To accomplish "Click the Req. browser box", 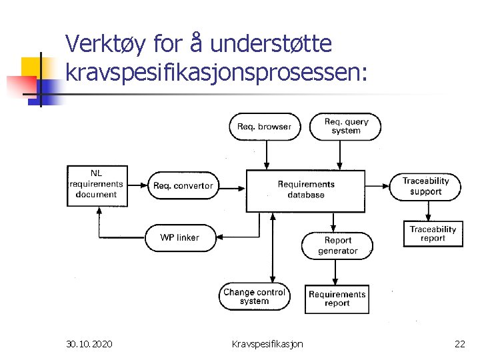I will coord(265,127).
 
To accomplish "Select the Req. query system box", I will coord(346,126).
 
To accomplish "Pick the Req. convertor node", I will coord(183,186).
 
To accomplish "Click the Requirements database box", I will coord(306,190).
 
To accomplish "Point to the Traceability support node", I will coord(425,186).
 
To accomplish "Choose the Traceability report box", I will coord(433,233).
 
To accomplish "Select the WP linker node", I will coord(179,237).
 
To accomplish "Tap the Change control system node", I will coord(254,297).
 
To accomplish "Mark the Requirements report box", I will coord(337,299).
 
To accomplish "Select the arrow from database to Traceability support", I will coord(378,185).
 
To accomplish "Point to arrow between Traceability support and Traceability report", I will coord(427,211).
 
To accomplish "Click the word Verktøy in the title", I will coord(107,45).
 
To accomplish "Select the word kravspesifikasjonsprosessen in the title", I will coord(216,71).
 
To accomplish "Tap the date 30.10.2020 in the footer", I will coord(89,344).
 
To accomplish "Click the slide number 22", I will coord(459,344).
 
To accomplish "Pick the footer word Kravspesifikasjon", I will coord(267,344).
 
